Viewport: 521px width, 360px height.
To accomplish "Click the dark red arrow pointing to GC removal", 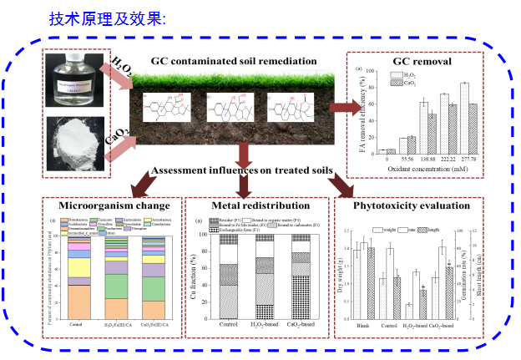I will click(x=342, y=106).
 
